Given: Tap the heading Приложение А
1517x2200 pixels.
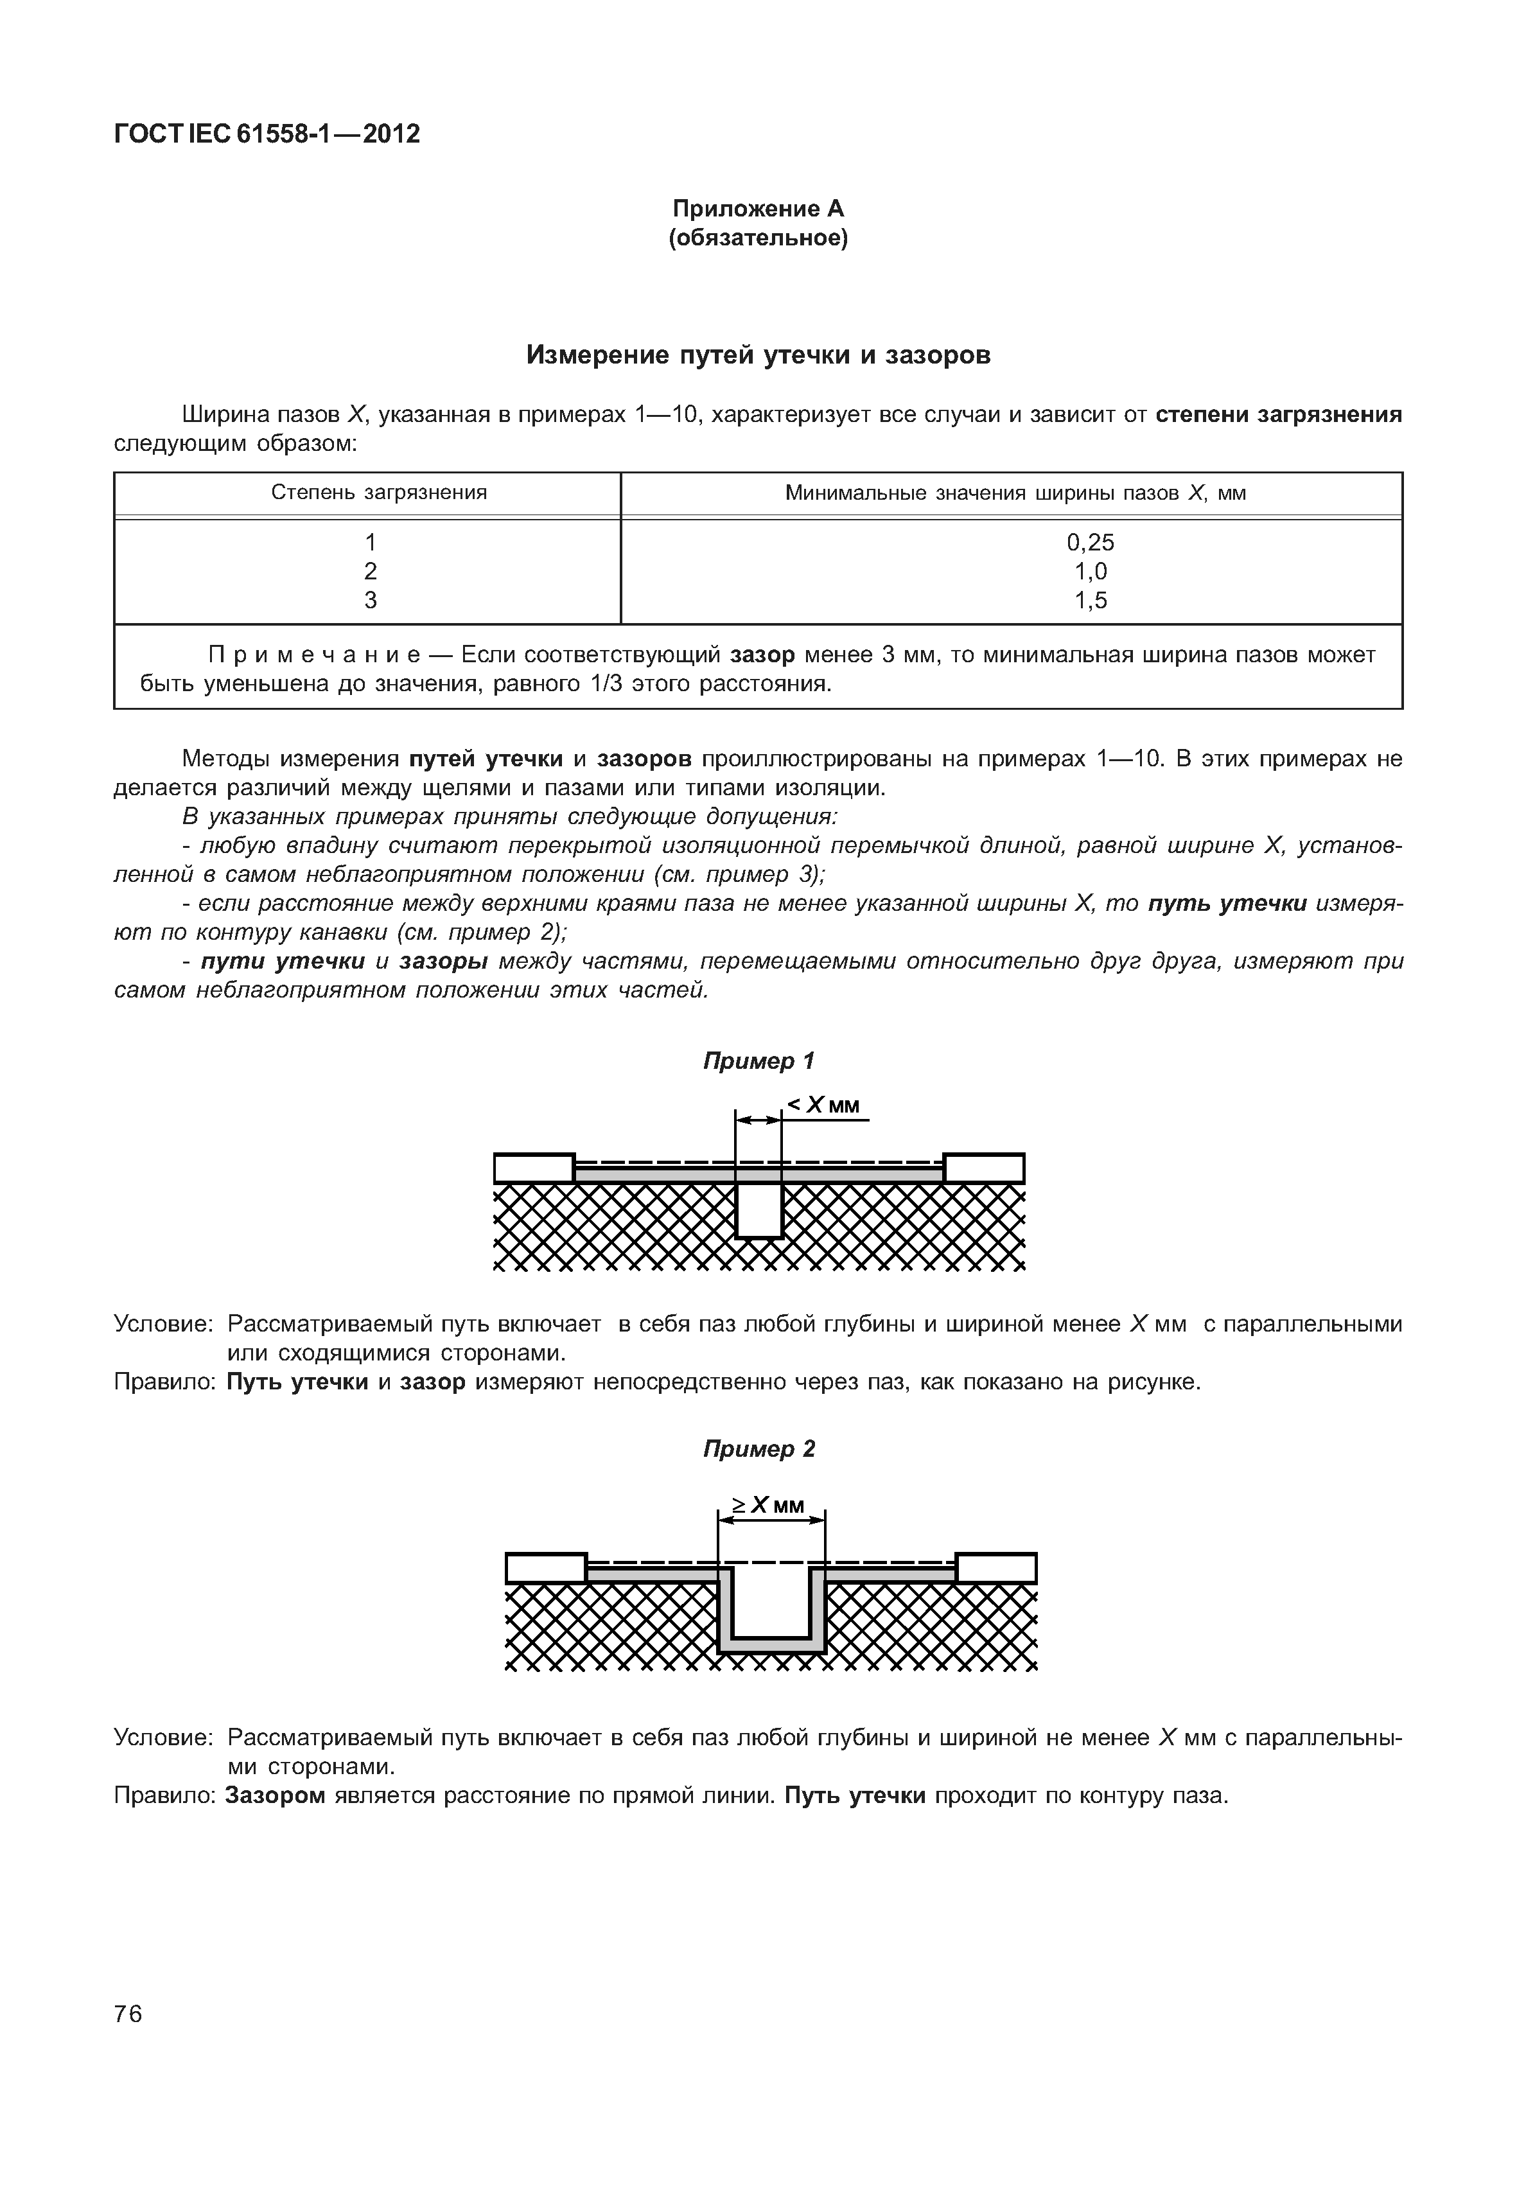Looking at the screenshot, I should pos(758,208).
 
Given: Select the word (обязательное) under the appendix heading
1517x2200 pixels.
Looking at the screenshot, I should pos(758,238).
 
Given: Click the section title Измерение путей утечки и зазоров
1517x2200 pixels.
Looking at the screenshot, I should pos(758,356).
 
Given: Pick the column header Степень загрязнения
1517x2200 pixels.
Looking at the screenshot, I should pos(378,493).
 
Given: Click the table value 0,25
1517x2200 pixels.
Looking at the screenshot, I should pos(1091,542).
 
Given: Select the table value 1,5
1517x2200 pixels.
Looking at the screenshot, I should pos(1091,600).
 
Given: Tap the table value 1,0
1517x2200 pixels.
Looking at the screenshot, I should pos(1091,572).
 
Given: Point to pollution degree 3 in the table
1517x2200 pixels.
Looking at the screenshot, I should pos(371,600).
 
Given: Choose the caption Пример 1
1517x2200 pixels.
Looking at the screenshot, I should pos(758,1061).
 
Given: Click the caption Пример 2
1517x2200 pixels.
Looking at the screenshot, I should pos(758,1449).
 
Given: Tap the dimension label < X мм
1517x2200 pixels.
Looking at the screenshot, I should pos(823,1105).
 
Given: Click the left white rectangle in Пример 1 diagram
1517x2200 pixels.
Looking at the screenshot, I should pos(534,1168).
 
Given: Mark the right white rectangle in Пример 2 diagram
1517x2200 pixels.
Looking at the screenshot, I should pos(995,1568).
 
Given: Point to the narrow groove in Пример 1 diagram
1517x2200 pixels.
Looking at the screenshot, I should pos(758,1210).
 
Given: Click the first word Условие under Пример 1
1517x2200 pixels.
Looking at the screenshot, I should pos(164,1324).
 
